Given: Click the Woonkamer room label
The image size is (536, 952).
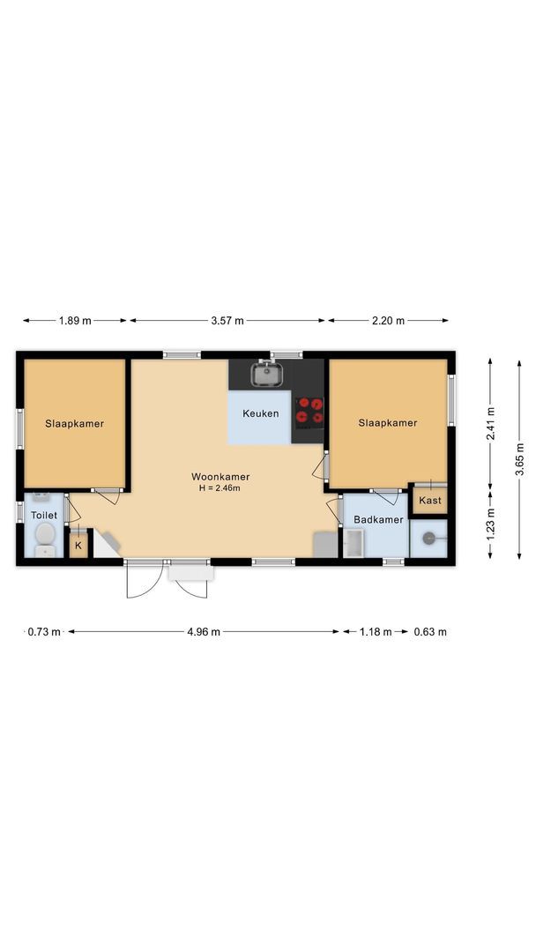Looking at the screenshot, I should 220,477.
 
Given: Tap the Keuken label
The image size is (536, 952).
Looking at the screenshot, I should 261,413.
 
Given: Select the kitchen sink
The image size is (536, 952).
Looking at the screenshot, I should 266,376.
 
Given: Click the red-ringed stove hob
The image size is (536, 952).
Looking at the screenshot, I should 309,411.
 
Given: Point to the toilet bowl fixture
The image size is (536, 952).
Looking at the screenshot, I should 45,539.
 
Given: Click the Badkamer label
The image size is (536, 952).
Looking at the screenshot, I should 378,520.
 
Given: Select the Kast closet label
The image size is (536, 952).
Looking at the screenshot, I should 430,501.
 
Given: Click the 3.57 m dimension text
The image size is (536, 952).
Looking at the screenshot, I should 228,321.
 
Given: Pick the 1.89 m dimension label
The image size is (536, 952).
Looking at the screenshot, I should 75,321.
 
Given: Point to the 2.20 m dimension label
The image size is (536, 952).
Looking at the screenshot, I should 388,321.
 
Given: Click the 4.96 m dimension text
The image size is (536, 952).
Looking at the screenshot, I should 204,632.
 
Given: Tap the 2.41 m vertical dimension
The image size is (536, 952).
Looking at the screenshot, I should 490,422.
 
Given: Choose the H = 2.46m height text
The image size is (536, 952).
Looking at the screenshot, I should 220,487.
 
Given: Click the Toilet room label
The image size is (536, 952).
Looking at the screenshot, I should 44,515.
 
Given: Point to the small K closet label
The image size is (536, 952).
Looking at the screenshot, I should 78,546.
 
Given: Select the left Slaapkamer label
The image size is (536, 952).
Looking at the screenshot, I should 75,423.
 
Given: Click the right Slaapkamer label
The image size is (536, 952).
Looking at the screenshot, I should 388,423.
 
